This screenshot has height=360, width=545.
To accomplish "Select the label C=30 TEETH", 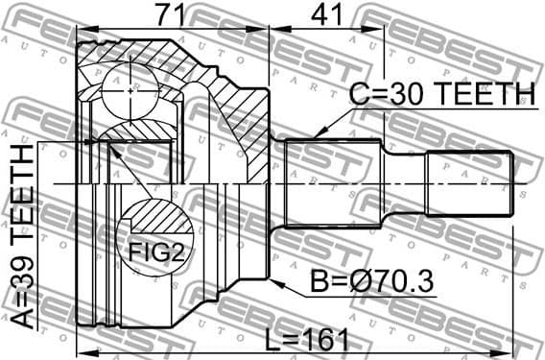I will (440, 93).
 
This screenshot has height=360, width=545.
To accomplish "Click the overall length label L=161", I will (306, 340).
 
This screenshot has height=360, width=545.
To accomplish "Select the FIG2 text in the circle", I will (154, 253).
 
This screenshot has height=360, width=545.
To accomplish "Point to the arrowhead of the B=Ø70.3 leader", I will (273, 282).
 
